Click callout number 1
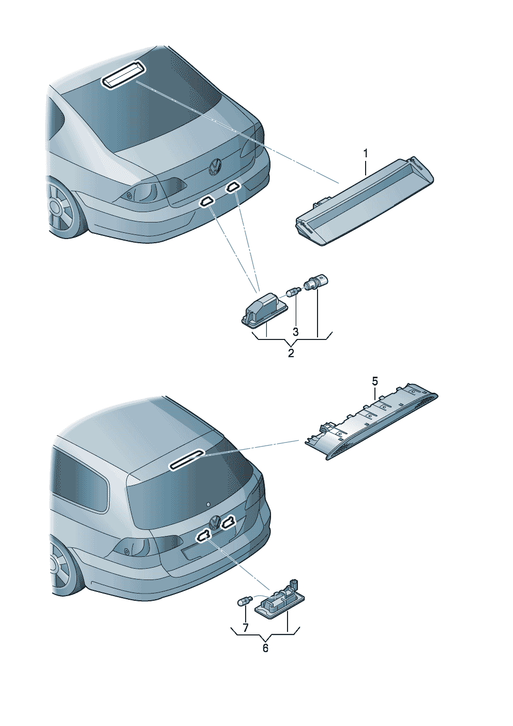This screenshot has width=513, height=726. coord(366,153)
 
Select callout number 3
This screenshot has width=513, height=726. coord(295,332)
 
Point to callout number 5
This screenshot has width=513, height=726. coord(375,381)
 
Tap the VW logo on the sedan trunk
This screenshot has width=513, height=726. coord(214,166)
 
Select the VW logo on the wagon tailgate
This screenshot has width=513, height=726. coord(215,522)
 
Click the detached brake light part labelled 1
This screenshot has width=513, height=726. coord(365,201)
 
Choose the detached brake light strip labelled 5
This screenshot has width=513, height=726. coord(371,421)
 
